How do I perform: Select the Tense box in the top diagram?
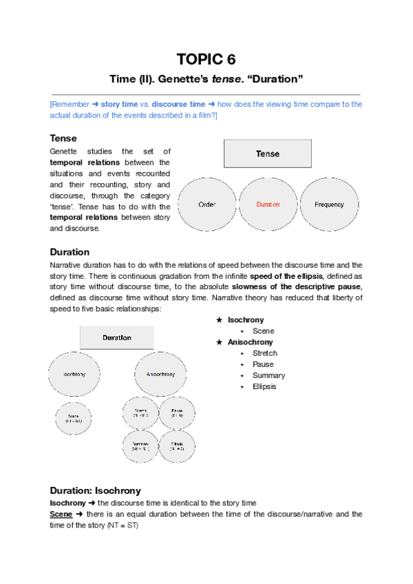click(268, 154)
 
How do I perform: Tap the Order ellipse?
click(207, 205)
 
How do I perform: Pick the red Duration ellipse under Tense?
click(268, 205)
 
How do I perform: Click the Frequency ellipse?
click(329, 205)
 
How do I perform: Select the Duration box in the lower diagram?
click(117, 337)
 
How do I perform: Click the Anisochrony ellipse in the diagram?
click(160, 374)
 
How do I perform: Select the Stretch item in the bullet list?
click(265, 353)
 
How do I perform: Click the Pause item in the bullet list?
click(263, 364)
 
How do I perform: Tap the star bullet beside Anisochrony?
click(219, 342)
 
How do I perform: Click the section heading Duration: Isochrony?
click(95, 490)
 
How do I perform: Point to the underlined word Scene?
click(61, 514)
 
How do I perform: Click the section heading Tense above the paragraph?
click(63, 138)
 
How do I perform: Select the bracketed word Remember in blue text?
click(72, 105)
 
